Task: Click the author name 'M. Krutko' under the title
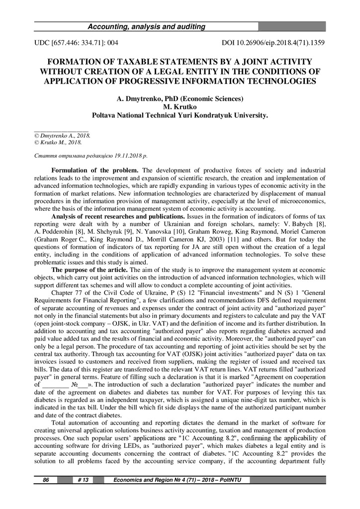coord(180,106)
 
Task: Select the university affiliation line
coord(180,115)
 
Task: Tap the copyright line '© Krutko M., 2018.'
coord(58,142)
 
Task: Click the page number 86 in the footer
coord(46,480)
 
